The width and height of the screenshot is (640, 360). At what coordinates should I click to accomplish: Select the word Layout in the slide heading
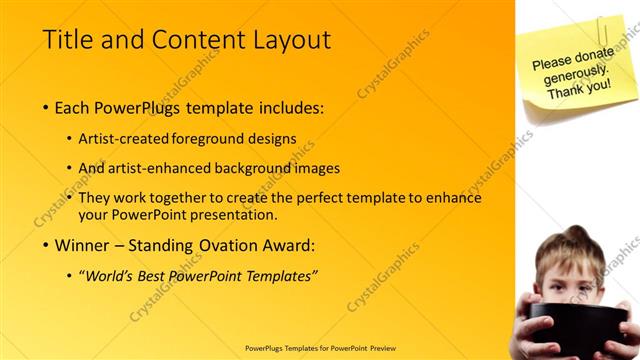(x=289, y=40)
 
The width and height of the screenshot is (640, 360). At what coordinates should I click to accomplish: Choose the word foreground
(x=211, y=139)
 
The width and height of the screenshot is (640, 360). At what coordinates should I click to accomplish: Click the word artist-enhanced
(x=159, y=168)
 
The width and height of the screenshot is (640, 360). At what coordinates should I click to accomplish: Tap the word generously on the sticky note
(x=576, y=74)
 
